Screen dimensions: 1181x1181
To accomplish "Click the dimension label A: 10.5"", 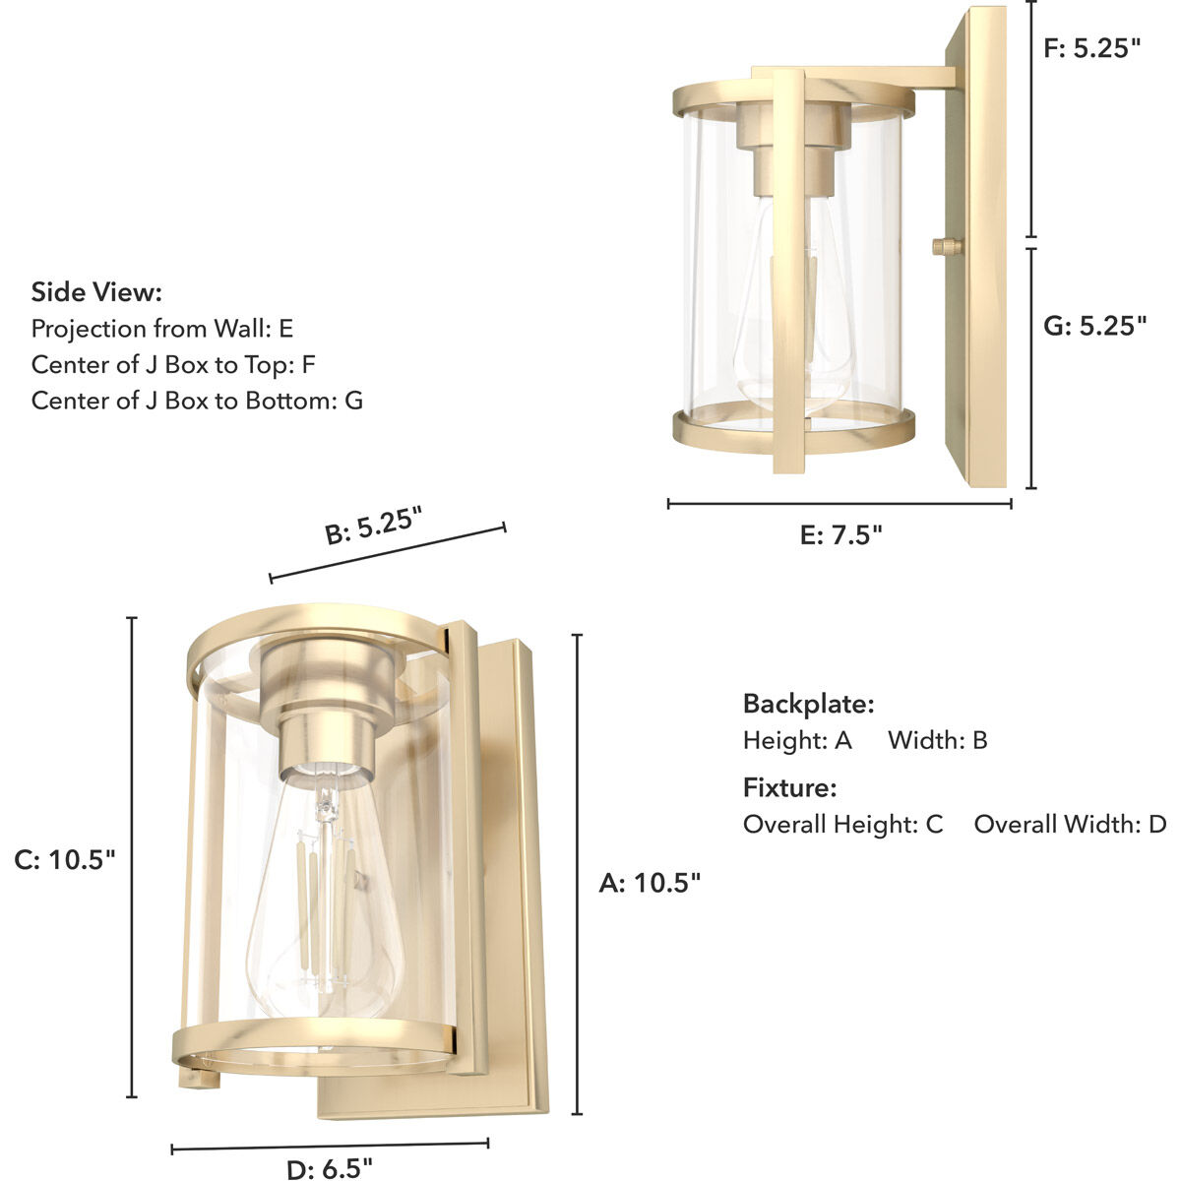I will [650, 883].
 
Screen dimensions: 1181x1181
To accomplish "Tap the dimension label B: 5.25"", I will [374, 525].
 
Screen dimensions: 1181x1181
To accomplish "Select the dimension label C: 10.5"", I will [65, 859].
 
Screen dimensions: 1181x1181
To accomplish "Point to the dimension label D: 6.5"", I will [329, 1168].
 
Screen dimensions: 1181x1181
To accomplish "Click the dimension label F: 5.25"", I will [1092, 48].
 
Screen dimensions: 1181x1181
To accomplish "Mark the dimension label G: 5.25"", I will [1094, 326].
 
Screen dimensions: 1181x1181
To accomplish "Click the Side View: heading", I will [96, 292].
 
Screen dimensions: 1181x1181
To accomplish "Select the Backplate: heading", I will [808, 704].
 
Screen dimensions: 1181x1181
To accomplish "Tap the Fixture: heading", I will [789, 787].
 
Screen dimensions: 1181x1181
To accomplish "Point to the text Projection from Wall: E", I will [162, 329].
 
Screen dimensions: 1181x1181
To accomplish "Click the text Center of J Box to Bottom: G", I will [197, 401].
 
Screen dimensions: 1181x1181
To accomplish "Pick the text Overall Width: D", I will [1070, 824].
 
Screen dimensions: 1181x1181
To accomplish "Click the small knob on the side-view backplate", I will [947, 246].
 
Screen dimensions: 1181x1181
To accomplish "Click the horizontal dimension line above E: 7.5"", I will [839, 504].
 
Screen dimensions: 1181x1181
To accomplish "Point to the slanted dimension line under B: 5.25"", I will [387, 553].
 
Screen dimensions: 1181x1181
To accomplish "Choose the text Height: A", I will [797, 740].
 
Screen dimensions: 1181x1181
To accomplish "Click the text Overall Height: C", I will [842, 824].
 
